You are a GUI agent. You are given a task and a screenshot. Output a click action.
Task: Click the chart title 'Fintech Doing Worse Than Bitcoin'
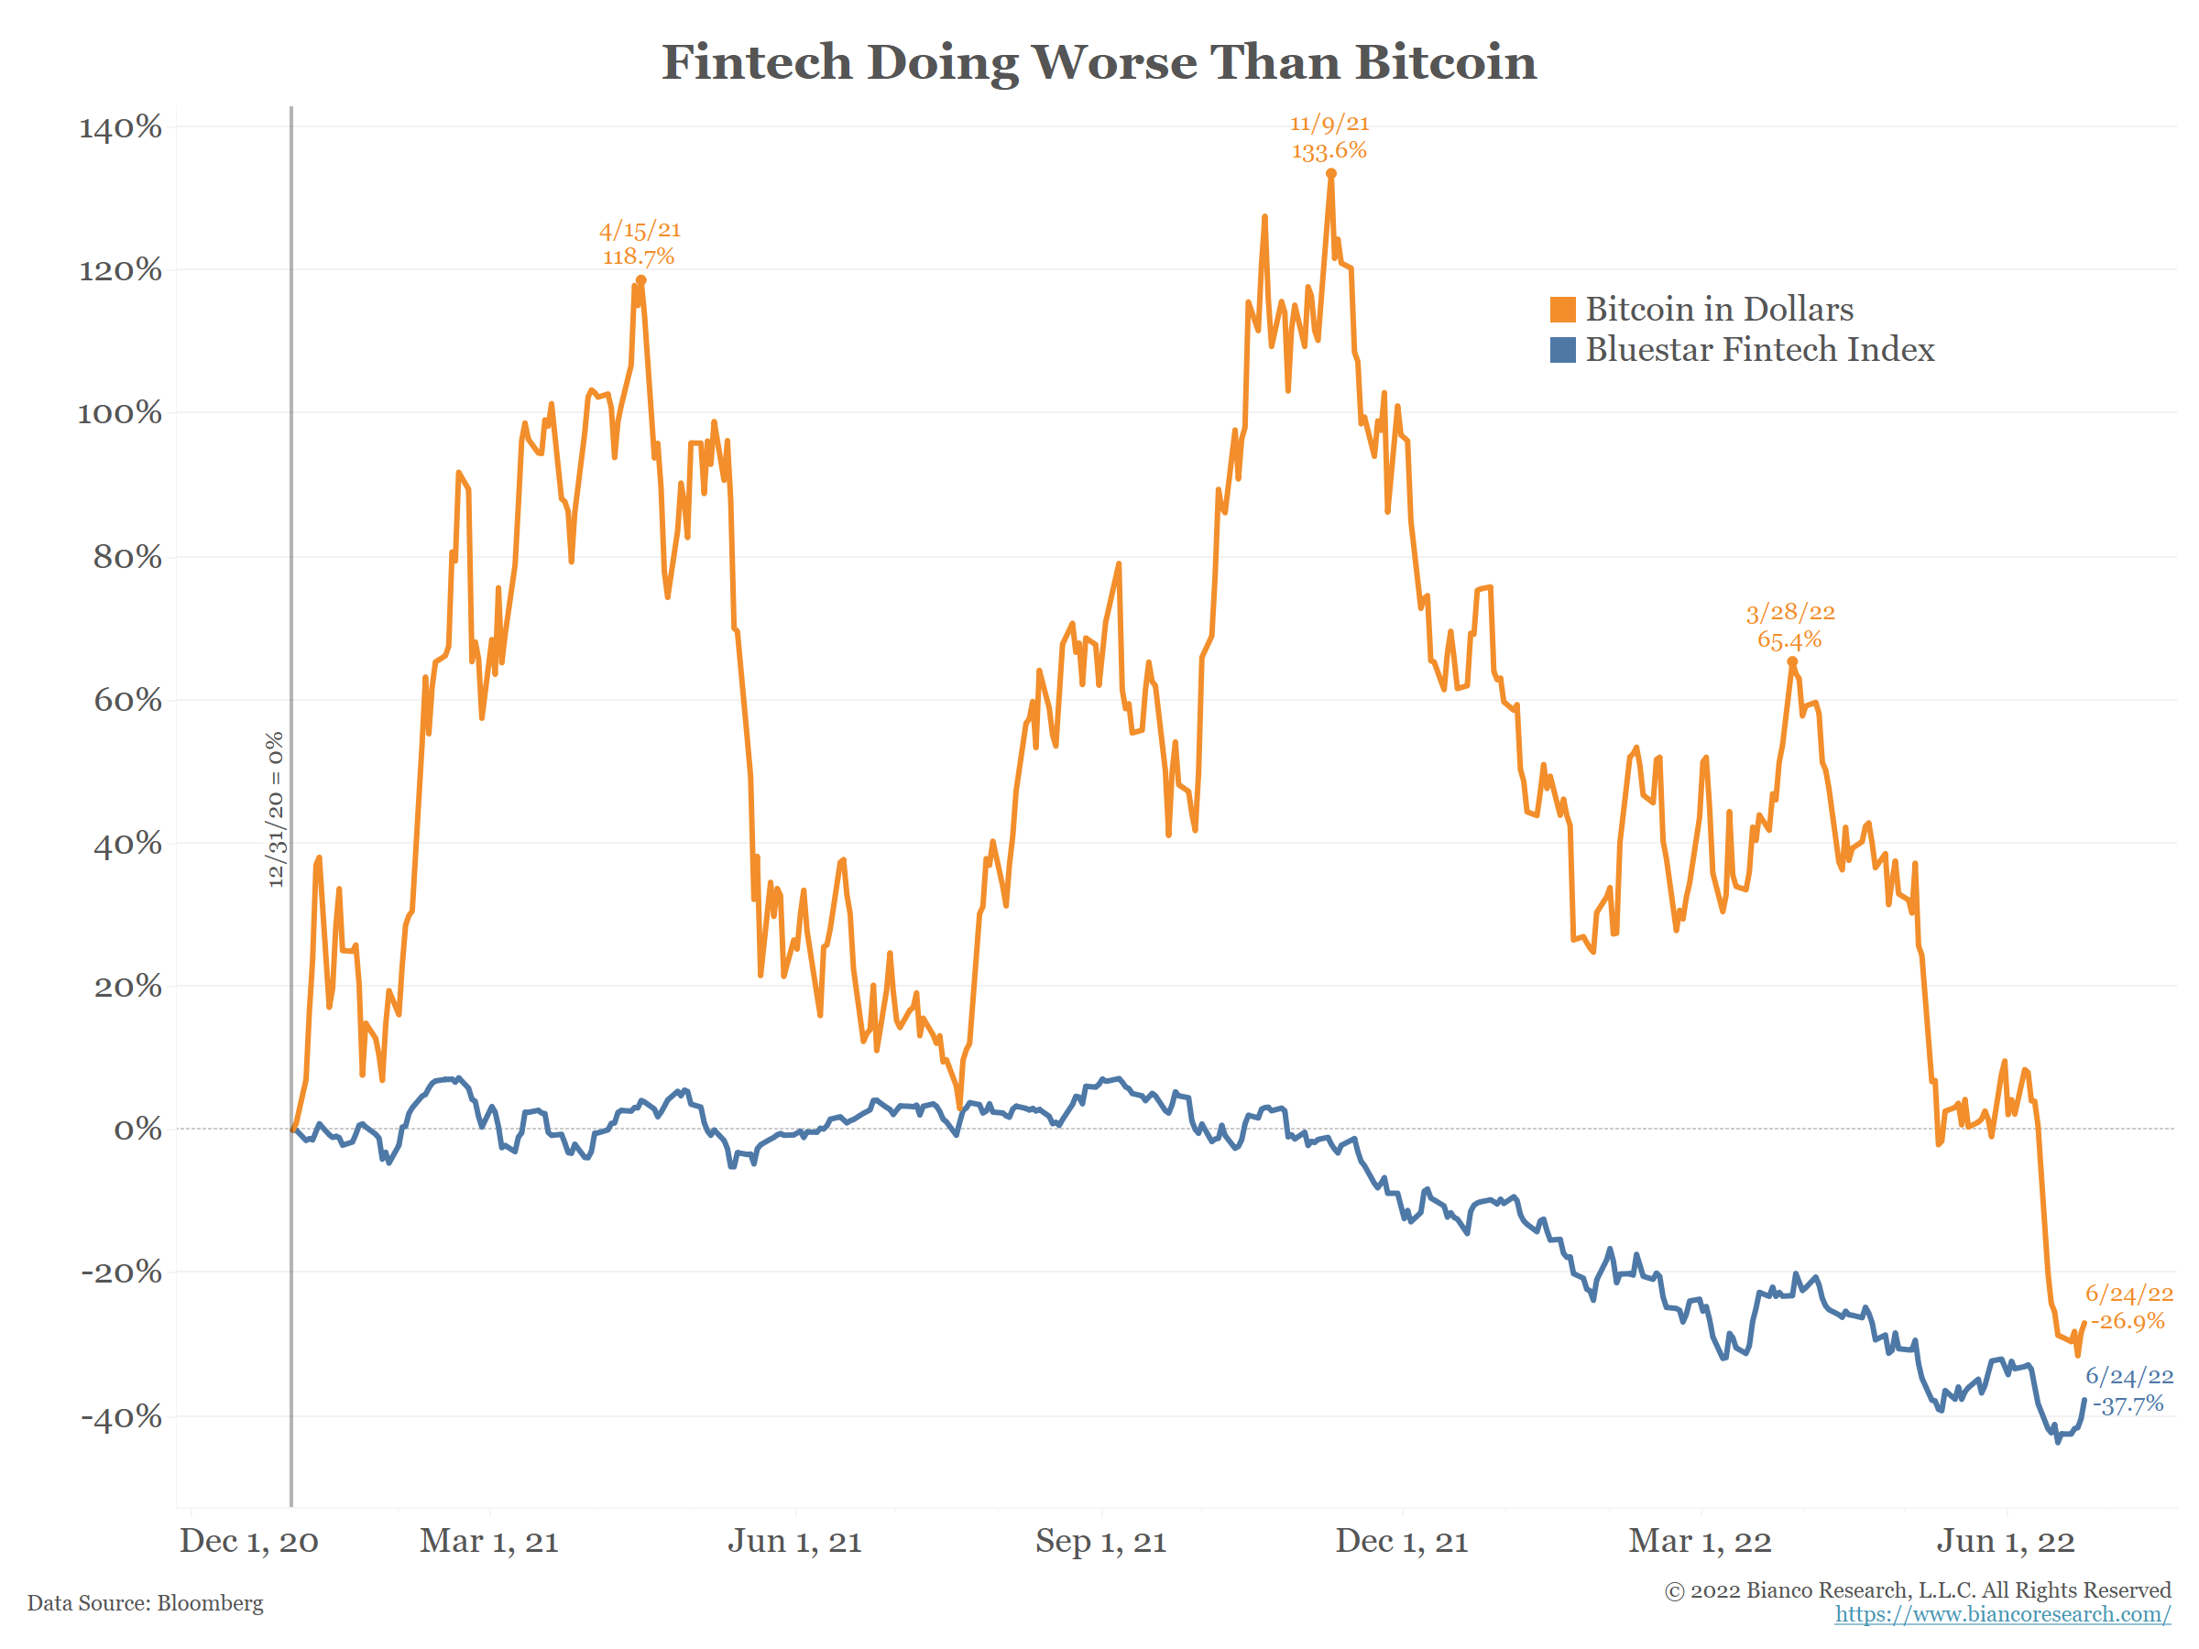[x=1099, y=62]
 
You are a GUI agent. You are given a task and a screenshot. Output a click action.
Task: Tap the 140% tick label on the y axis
[x=120, y=127]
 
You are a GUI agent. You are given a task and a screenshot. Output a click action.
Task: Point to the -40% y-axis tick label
[x=120, y=1415]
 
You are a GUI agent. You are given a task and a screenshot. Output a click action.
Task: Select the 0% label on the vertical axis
[x=137, y=1130]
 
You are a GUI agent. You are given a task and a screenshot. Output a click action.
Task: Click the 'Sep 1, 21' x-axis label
[x=1100, y=1541]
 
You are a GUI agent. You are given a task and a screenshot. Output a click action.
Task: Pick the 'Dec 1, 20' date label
[x=248, y=1541]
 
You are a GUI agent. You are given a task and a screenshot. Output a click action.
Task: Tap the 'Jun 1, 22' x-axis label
[x=2005, y=1541]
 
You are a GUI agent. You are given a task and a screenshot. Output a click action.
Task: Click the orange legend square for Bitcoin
[x=1562, y=309]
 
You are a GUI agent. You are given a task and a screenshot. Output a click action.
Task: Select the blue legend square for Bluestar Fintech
[x=1562, y=350]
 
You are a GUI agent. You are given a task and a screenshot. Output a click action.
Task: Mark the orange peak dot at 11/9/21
[x=1331, y=174]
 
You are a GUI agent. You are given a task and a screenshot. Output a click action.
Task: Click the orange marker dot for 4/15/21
[x=641, y=280]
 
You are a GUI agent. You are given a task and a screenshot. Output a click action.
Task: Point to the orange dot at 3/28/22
[x=1792, y=661]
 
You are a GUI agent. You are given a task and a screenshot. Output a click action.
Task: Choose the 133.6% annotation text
[x=1329, y=151]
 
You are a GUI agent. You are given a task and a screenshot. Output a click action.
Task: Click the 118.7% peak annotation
[x=639, y=257]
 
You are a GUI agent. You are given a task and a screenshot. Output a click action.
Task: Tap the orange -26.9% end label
[x=2128, y=1321]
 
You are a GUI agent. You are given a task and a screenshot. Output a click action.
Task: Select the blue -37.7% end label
[x=2128, y=1403]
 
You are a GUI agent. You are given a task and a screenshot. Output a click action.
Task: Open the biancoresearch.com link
[x=2002, y=1613]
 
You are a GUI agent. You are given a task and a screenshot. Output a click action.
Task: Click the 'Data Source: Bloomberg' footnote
[x=145, y=1602]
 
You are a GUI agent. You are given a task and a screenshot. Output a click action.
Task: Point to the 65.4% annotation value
[x=1789, y=639]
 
